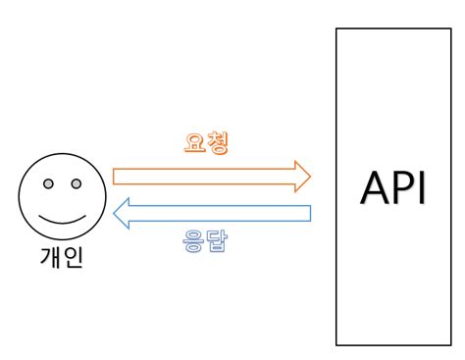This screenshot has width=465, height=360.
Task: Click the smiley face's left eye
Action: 48,184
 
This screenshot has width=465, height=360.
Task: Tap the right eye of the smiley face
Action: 76,184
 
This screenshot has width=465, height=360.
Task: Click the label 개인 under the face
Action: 61,262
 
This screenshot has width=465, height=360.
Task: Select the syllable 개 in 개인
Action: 49,262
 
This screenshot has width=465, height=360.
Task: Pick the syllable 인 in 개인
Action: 74,262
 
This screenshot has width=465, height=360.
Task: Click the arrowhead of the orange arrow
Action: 303,177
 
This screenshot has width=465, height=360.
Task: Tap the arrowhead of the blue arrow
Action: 123,213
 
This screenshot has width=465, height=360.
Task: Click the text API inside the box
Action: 394,188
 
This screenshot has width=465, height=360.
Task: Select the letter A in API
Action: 373,188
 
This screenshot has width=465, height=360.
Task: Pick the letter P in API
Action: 400,188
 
